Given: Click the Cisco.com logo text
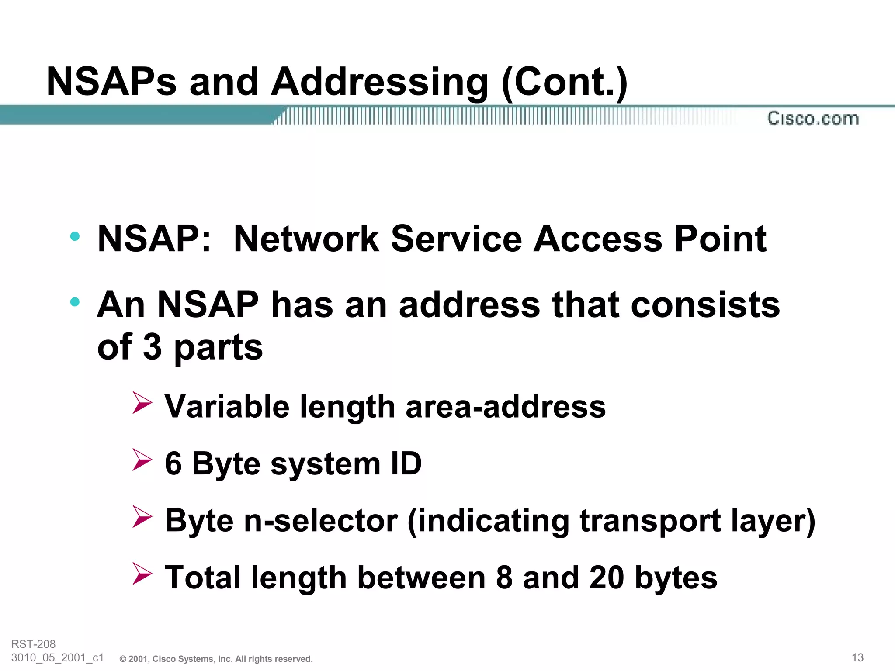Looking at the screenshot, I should (x=813, y=118).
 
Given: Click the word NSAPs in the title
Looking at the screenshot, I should (x=111, y=82).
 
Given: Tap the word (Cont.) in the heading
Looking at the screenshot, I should (x=564, y=82).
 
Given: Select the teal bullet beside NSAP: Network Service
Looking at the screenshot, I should (x=75, y=236).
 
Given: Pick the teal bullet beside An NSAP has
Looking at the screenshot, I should (x=75, y=301).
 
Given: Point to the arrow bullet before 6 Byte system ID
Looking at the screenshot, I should (x=142, y=460).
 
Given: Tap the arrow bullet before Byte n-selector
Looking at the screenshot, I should (x=142, y=516).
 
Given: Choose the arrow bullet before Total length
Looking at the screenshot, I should (x=142, y=574).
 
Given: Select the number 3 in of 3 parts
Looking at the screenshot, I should (x=152, y=347).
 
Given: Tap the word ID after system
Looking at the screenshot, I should (x=406, y=463).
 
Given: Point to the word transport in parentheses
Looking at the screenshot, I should (x=650, y=521).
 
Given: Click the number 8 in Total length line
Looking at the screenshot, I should (x=504, y=578).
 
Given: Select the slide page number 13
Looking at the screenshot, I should (x=857, y=657).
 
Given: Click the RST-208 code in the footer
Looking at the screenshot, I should (x=33, y=644).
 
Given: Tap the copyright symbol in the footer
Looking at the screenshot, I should (x=123, y=659).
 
